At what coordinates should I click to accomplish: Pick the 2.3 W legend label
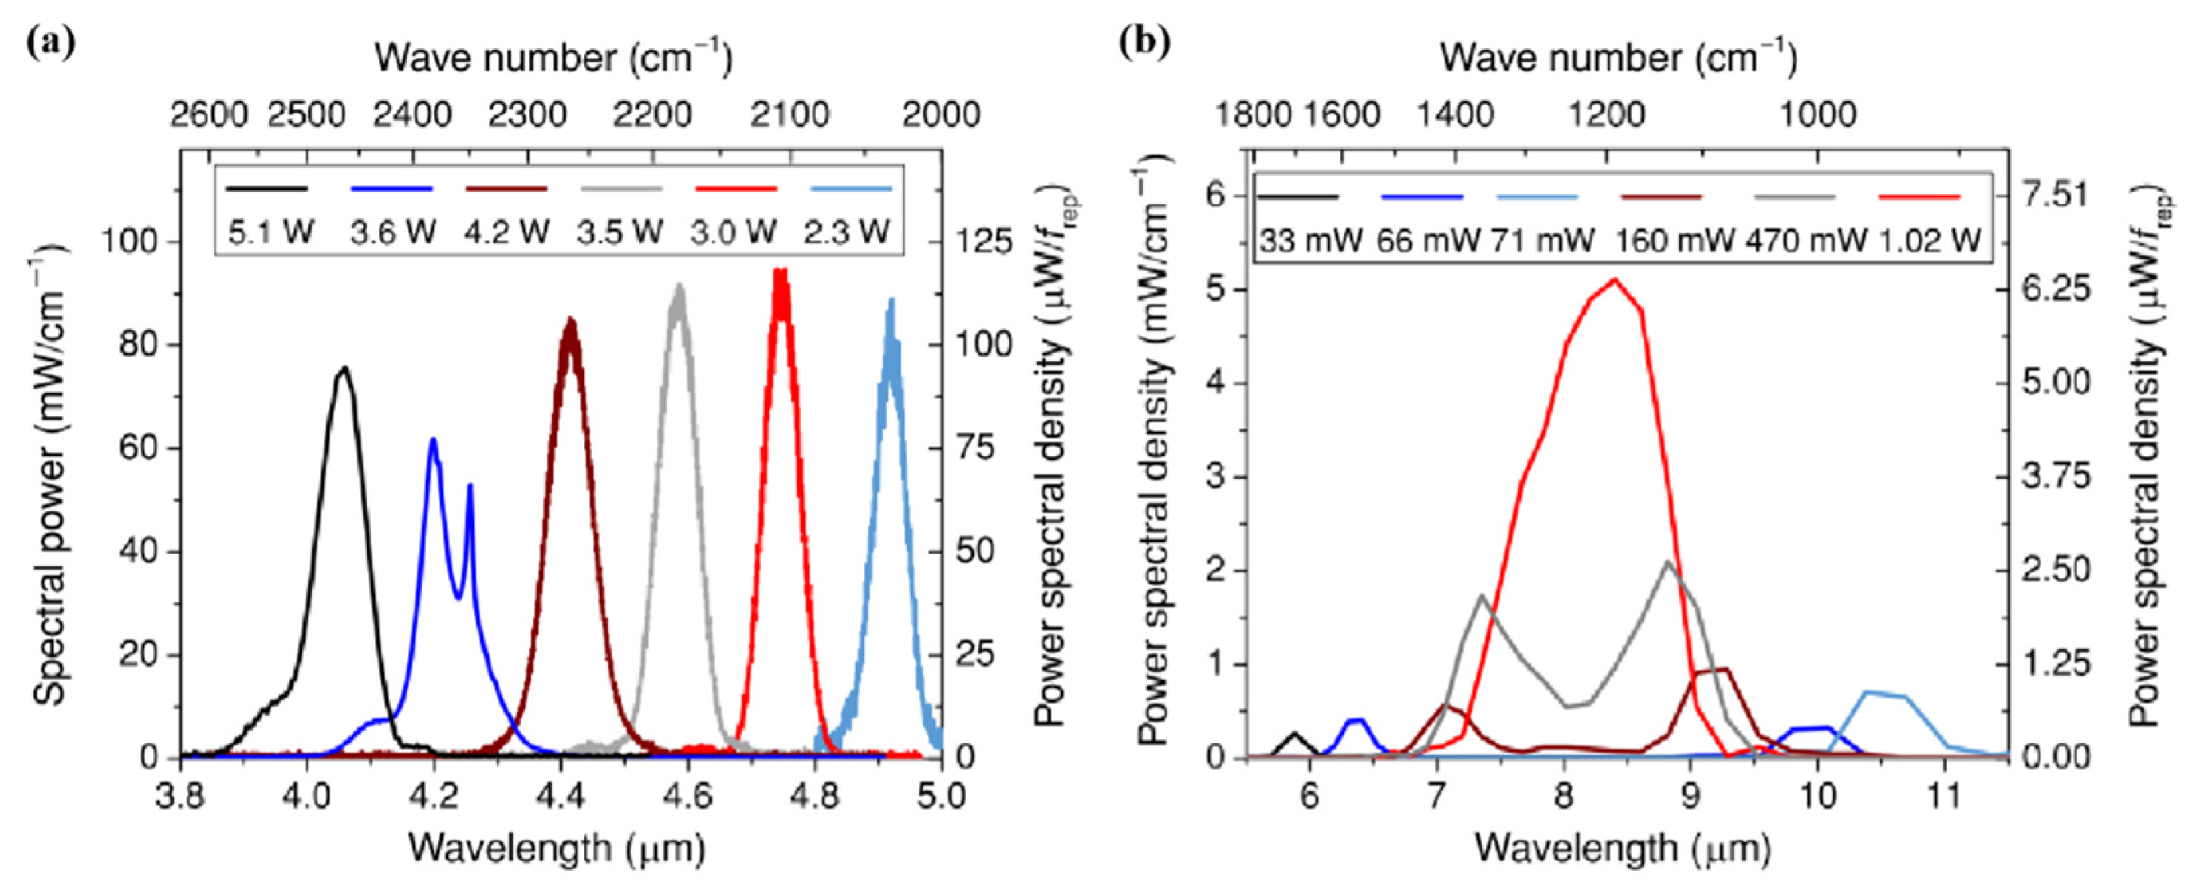846,232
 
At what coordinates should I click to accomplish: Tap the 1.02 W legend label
1930,241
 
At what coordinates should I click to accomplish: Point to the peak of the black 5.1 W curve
344,369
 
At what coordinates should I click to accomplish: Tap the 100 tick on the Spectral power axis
130,242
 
